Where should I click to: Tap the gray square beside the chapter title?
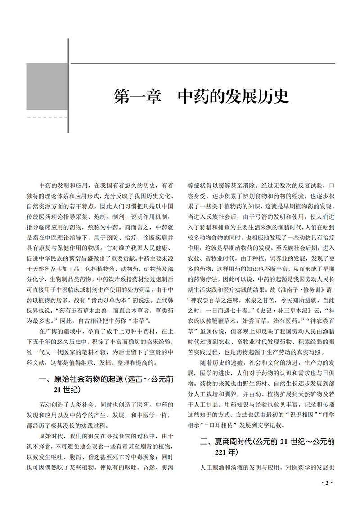point(47,86)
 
